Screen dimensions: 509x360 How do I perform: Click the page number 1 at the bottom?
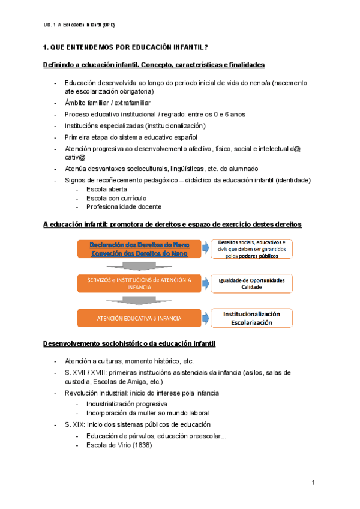point(313,483)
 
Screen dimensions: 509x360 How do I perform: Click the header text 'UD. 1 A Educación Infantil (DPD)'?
point(79,25)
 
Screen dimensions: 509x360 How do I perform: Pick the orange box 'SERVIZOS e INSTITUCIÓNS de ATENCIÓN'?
point(139,283)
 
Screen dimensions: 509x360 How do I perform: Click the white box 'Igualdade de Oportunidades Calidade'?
point(251,283)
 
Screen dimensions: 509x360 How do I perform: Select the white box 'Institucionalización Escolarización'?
point(251,318)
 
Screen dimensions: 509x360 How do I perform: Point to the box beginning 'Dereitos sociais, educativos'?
point(251,248)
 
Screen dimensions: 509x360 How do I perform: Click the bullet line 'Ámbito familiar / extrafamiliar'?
point(107,103)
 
